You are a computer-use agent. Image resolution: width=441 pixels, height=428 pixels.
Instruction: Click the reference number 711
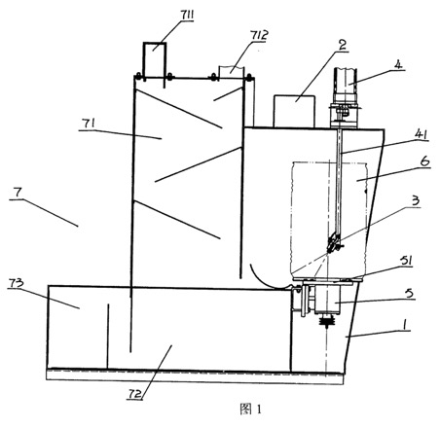187,16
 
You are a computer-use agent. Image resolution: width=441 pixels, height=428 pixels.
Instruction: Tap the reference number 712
259,35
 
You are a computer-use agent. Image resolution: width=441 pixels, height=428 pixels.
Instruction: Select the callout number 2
342,45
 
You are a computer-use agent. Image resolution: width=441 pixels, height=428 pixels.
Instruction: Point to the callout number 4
398,64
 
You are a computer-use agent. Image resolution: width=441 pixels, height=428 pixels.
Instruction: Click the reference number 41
421,134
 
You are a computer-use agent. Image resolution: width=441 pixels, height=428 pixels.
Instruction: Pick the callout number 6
425,161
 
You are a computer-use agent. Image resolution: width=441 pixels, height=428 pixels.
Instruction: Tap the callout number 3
416,200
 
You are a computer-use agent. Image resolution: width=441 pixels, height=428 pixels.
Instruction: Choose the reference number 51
405,261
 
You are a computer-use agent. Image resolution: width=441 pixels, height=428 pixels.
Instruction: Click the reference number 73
16,283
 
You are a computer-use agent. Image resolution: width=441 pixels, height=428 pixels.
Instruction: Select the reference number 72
133,394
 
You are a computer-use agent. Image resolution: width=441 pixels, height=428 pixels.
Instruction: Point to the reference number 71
88,124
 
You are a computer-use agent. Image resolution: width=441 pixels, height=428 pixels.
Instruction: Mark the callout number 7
17,193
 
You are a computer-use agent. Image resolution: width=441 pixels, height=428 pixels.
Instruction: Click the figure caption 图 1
250,410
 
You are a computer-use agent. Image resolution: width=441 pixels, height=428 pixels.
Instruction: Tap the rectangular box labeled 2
294,111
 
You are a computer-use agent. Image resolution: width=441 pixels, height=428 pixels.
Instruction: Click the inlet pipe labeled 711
155,60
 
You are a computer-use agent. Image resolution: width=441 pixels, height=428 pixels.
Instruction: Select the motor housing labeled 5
327,299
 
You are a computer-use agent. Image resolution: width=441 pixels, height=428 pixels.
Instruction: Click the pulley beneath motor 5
327,321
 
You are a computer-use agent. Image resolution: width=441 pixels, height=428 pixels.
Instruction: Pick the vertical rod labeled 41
339,183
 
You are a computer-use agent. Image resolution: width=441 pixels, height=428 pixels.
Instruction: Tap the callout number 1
404,325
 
